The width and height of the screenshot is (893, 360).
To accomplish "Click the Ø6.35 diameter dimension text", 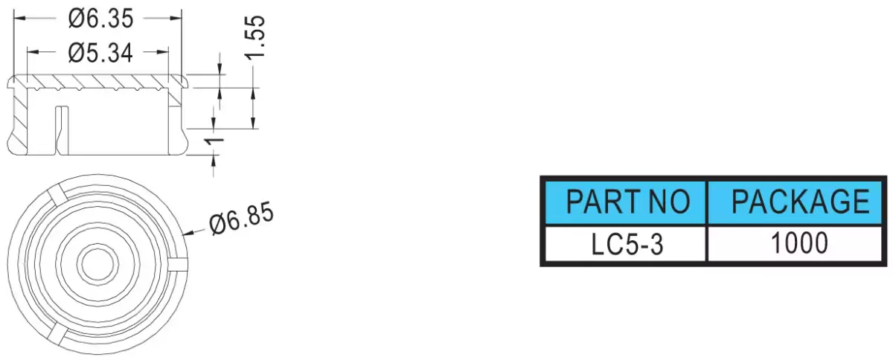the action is pos(100,19).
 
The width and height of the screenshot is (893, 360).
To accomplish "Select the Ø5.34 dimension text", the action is pos(100,53).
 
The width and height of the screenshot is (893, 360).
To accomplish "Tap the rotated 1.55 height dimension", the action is pos(255,38).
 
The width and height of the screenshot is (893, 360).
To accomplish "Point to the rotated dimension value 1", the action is pos(214,141).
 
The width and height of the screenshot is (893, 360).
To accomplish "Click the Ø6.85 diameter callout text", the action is pos(242,218).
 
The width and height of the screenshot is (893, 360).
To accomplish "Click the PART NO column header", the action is pos(627,202).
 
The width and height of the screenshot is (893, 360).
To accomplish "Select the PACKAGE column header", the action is pos(801,202).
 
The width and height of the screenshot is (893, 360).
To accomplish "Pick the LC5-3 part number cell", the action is pos(627,244).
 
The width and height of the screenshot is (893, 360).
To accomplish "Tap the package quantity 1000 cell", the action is pos(800,242).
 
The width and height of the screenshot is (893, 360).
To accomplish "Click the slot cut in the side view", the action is pos(61,130).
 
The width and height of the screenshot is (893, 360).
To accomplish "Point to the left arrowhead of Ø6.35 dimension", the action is pos(20,19).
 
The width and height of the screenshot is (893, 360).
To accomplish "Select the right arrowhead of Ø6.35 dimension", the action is pos(176,19).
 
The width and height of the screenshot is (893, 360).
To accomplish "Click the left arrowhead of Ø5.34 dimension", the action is pos(33,52).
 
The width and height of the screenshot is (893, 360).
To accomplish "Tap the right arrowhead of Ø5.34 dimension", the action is pos(162,52).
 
